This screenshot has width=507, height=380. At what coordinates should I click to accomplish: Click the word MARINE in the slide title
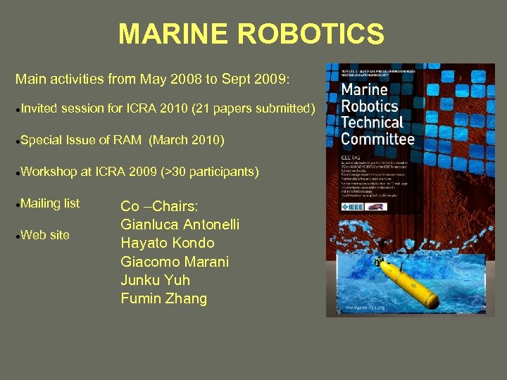tap(171, 34)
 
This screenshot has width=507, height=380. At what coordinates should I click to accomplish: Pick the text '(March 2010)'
tap(187, 140)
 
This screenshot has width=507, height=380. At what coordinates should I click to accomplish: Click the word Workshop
tap(47, 172)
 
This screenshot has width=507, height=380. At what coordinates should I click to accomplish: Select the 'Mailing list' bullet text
tap(50, 203)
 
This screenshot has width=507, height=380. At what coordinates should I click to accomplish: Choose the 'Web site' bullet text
tap(45, 235)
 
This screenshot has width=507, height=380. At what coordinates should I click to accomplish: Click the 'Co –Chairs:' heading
tap(159, 206)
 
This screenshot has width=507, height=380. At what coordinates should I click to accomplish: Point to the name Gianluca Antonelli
tap(180, 224)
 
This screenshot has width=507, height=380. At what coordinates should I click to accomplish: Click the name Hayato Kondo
tap(168, 243)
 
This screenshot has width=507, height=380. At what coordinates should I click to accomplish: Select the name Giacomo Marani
tap(175, 262)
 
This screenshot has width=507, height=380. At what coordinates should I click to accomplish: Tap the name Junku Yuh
tap(156, 280)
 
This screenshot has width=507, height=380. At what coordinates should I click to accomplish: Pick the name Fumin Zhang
tap(164, 298)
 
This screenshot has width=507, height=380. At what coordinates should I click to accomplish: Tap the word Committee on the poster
tap(377, 139)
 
